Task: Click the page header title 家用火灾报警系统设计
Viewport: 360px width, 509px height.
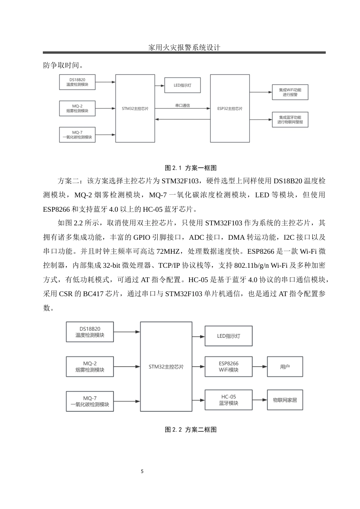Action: point(184,47)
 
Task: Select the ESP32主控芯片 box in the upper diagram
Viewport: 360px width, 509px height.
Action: point(230,108)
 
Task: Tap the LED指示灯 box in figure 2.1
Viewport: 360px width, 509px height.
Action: point(182,85)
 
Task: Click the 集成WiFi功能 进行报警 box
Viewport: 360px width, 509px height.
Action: point(290,92)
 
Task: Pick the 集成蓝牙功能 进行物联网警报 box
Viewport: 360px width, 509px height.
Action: point(290,119)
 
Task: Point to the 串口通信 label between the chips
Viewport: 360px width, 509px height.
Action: point(182,105)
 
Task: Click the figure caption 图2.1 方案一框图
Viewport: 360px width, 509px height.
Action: point(191,168)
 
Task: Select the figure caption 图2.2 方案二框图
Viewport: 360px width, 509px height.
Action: point(191,429)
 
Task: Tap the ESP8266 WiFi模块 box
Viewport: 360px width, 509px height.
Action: point(229,367)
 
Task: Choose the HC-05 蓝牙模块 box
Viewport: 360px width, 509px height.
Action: point(229,400)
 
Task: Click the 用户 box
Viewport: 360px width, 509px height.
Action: point(285,367)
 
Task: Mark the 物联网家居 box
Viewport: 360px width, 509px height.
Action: point(285,400)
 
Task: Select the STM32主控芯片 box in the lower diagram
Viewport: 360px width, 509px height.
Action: point(166,367)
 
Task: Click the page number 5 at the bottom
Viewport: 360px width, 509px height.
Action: point(142,472)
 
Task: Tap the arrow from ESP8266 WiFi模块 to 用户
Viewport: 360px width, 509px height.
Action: point(260,367)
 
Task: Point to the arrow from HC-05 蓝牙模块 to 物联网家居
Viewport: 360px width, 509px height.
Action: point(260,400)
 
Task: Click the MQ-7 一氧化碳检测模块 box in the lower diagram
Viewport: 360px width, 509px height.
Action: point(90,401)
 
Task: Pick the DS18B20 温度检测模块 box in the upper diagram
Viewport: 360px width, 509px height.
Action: point(77,82)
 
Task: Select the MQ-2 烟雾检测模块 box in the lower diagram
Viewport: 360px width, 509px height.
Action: point(90,367)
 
